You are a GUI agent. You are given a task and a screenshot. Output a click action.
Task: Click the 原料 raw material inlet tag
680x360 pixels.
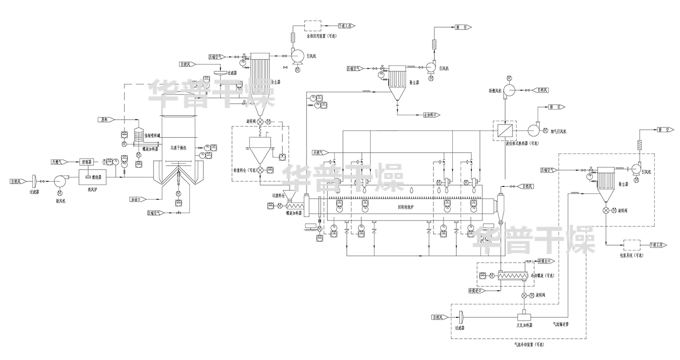(106, 119)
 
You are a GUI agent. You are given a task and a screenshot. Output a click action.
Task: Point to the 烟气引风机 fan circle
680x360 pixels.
(534, 129)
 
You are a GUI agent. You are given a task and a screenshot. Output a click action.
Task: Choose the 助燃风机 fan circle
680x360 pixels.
(510, 90)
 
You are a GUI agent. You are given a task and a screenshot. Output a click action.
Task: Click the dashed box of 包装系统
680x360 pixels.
(632, 245)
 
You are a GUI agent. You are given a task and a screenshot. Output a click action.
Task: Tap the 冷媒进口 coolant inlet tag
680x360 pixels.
(476, 291)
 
